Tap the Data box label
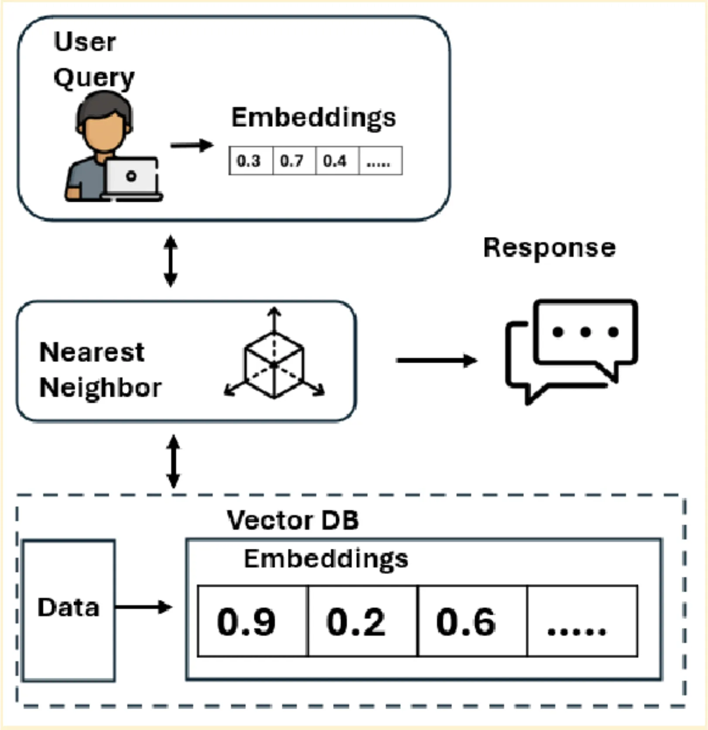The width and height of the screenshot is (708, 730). tap(68, 608)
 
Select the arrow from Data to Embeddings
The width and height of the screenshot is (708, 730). tap(144, 607)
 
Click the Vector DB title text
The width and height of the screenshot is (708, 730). tap(293, 520)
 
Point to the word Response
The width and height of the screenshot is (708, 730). tap(549, 248)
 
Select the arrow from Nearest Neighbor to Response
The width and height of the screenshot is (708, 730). tap(436, 361)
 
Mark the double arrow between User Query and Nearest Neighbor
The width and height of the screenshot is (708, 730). tap(170, 261)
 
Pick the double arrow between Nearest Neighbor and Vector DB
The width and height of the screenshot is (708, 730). tap(174, 461)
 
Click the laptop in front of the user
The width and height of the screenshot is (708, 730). tap(132, 178)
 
